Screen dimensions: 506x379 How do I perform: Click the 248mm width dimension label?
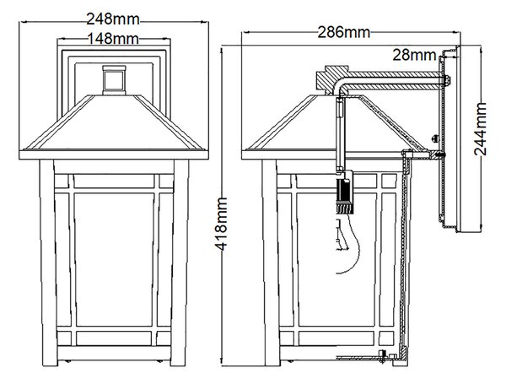click(x=113, y=19)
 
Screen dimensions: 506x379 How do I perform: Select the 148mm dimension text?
click(x=113, y=39)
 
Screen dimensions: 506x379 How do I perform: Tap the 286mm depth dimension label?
click(x=344, y=32)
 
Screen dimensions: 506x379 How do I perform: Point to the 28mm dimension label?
click(x=414, y=55)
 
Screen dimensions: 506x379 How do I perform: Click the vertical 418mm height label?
click(x=221, y=225)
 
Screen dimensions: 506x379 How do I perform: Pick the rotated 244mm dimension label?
click(x=480, y=129)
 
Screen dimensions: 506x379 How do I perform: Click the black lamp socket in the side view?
click(x=345, y=192)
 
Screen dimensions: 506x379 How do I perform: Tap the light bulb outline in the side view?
click(x=347, y=246)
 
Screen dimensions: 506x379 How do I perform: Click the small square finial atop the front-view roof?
click(x=114, y=80)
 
